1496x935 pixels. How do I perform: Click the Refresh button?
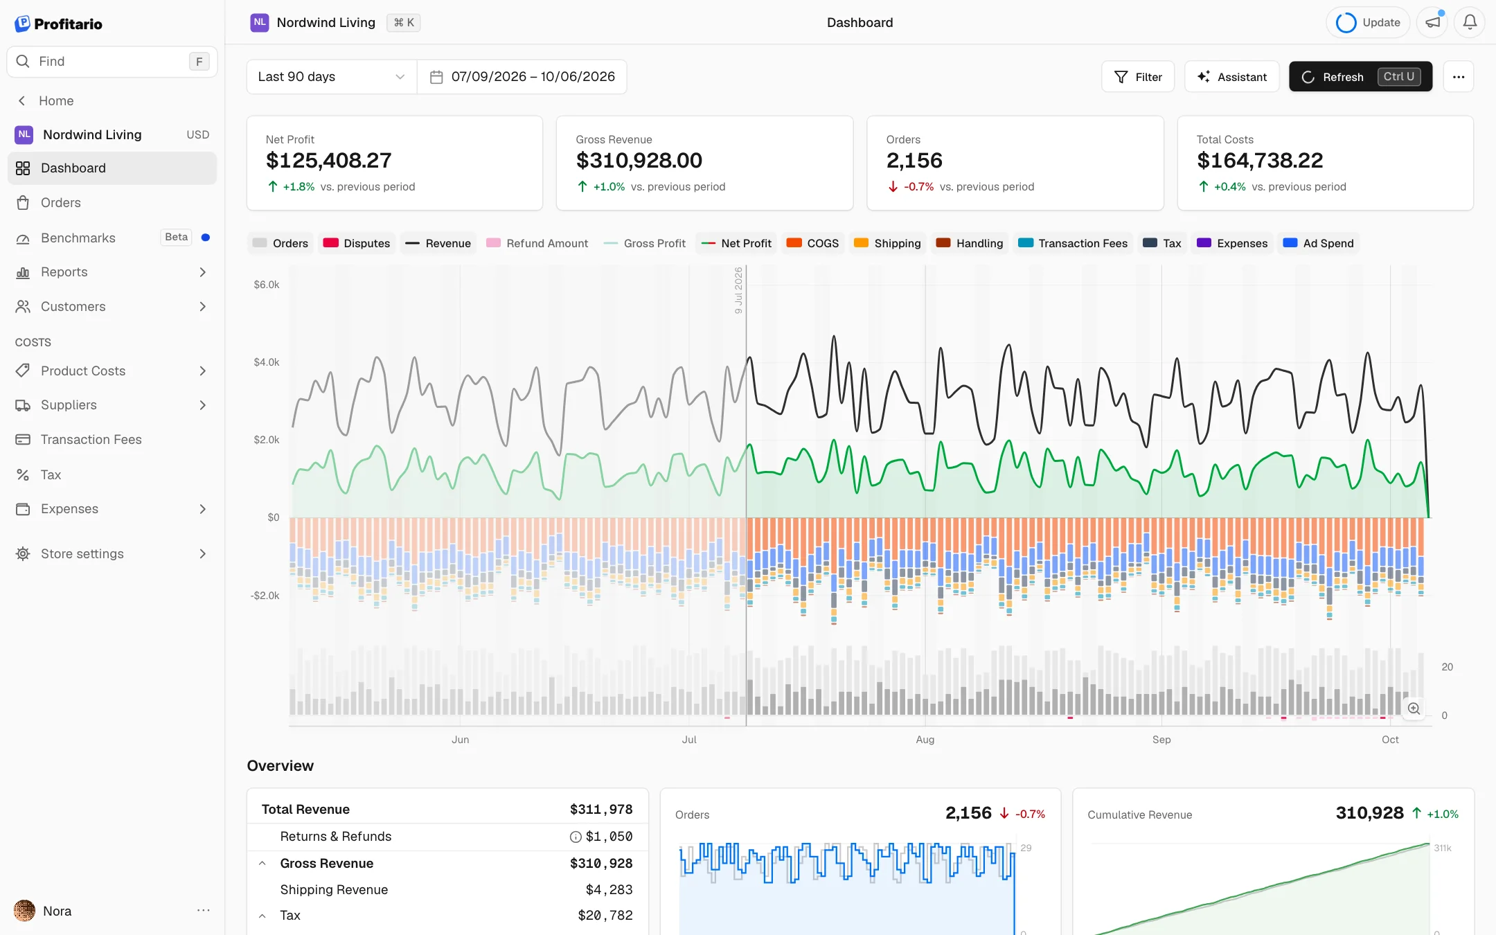[1360, 77]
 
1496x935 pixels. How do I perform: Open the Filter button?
[1138, 77]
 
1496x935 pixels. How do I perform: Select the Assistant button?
[1231, 77]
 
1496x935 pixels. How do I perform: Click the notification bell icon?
[1470, 22]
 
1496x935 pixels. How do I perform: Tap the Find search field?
[112, 62]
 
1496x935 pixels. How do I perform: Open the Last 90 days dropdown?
[332, 77]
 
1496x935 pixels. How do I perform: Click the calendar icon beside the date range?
[436, 77]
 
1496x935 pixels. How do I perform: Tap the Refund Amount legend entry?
[537, 243]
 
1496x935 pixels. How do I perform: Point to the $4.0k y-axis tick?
[267, 362]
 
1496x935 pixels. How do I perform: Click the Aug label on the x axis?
[925, 740]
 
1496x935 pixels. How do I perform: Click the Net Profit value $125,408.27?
[329, 161]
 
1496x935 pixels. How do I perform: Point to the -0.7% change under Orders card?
[918, 187]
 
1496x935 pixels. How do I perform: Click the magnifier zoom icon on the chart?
[1414, 709]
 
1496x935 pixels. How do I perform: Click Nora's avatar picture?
[24, 911]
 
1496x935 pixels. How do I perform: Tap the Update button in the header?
[1368, 22]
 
